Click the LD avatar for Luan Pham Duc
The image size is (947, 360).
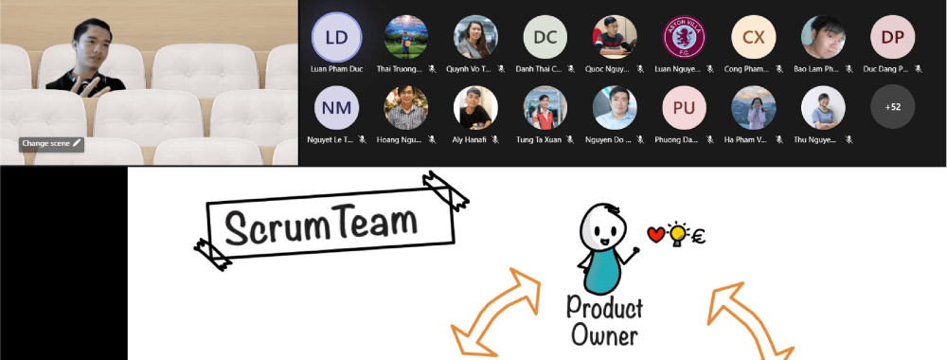336,37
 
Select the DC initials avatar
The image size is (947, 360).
545,37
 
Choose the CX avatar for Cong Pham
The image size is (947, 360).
753,37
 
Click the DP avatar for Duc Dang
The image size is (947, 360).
892,37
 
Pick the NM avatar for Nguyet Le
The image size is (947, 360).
336,108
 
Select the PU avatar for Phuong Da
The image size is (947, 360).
684,108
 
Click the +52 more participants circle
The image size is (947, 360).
892,108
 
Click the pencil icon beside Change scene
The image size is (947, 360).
77,143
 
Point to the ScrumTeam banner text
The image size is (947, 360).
322,224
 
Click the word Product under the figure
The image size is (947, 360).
604,308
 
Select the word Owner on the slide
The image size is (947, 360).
605,334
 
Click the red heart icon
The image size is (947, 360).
654,233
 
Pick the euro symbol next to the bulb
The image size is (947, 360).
700,236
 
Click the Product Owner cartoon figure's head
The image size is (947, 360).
602,226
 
